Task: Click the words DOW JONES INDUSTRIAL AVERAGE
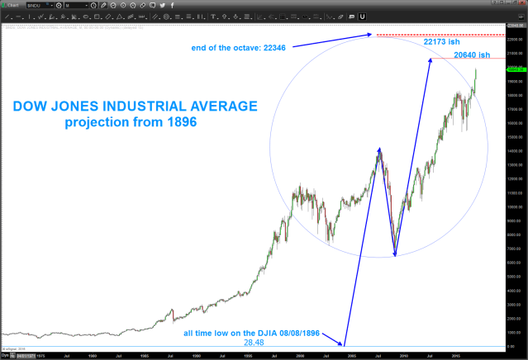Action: click(x=134, y=106)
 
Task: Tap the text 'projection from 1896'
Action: click(x=134, y=123)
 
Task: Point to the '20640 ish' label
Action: click(x=478, y=55)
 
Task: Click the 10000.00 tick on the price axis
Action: click(x=515, y=206)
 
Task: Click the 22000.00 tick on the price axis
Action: click(x=515, y=39)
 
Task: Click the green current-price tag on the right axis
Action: click(x=515, y=69)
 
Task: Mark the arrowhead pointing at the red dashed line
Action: click(x=369, y=35)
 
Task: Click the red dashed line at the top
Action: click(x=438, y=35)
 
